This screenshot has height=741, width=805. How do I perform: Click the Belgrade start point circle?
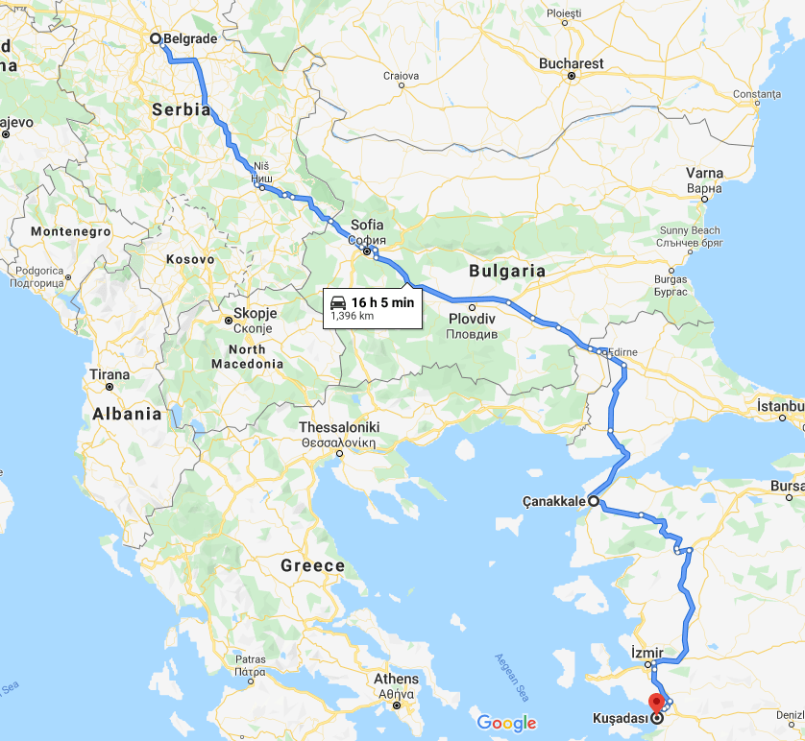click(155, 38)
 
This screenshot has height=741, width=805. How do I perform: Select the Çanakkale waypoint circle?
click(593, 501)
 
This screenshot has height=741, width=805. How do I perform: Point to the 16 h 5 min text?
click(384, 301)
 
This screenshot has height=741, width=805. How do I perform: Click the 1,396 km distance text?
click(352, 315)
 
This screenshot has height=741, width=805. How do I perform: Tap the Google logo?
click(506, 723)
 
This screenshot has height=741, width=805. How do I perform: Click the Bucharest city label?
click(572, 63)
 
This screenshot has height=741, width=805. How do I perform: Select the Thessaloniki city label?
click(339, 427)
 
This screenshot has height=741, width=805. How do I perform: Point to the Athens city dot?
click(396, 705)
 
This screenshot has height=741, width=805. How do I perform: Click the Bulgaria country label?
click(507, 271)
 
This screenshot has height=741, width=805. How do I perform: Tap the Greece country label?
click(312, 565)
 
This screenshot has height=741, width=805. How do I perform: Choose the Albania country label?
click(128, 414)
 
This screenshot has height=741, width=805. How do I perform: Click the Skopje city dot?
click(228, 321)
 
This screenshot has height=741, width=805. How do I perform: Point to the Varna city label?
click(704, 174)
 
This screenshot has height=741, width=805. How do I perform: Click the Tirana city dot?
click(110, 387)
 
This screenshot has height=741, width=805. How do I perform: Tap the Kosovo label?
click(190, 259)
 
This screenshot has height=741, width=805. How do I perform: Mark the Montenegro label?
click(71, 231)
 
